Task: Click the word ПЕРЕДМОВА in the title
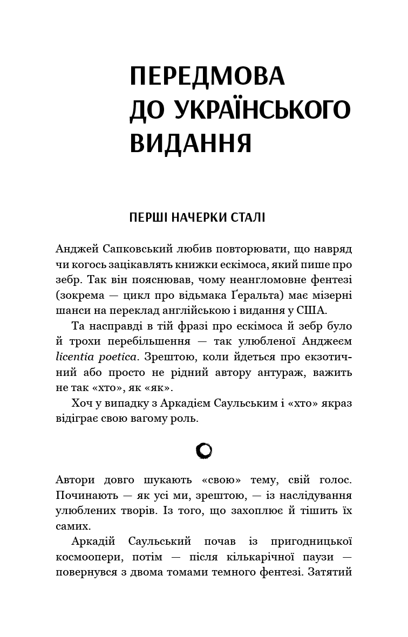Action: tap(207, 78)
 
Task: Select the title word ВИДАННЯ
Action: tap(191, 142)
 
